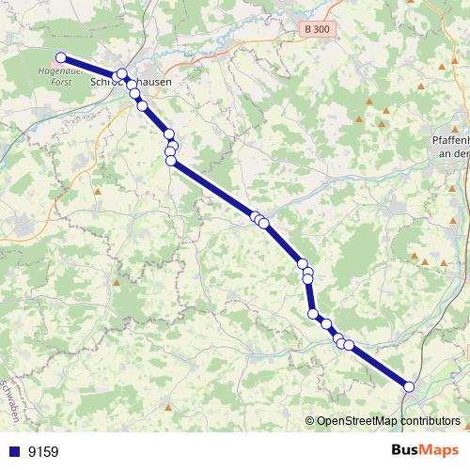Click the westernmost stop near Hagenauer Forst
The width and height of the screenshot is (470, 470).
point(61,57)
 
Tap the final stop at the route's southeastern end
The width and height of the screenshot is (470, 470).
point(409,386)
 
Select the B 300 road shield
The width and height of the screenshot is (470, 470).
point(317,29)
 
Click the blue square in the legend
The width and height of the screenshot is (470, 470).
point(12,451)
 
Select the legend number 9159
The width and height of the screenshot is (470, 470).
point(43,452)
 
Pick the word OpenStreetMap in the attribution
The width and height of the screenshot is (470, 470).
point(358,421)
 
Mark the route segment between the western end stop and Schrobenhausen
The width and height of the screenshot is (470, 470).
point(89,67)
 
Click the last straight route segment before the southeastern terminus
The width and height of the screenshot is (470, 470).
point(379,366)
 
